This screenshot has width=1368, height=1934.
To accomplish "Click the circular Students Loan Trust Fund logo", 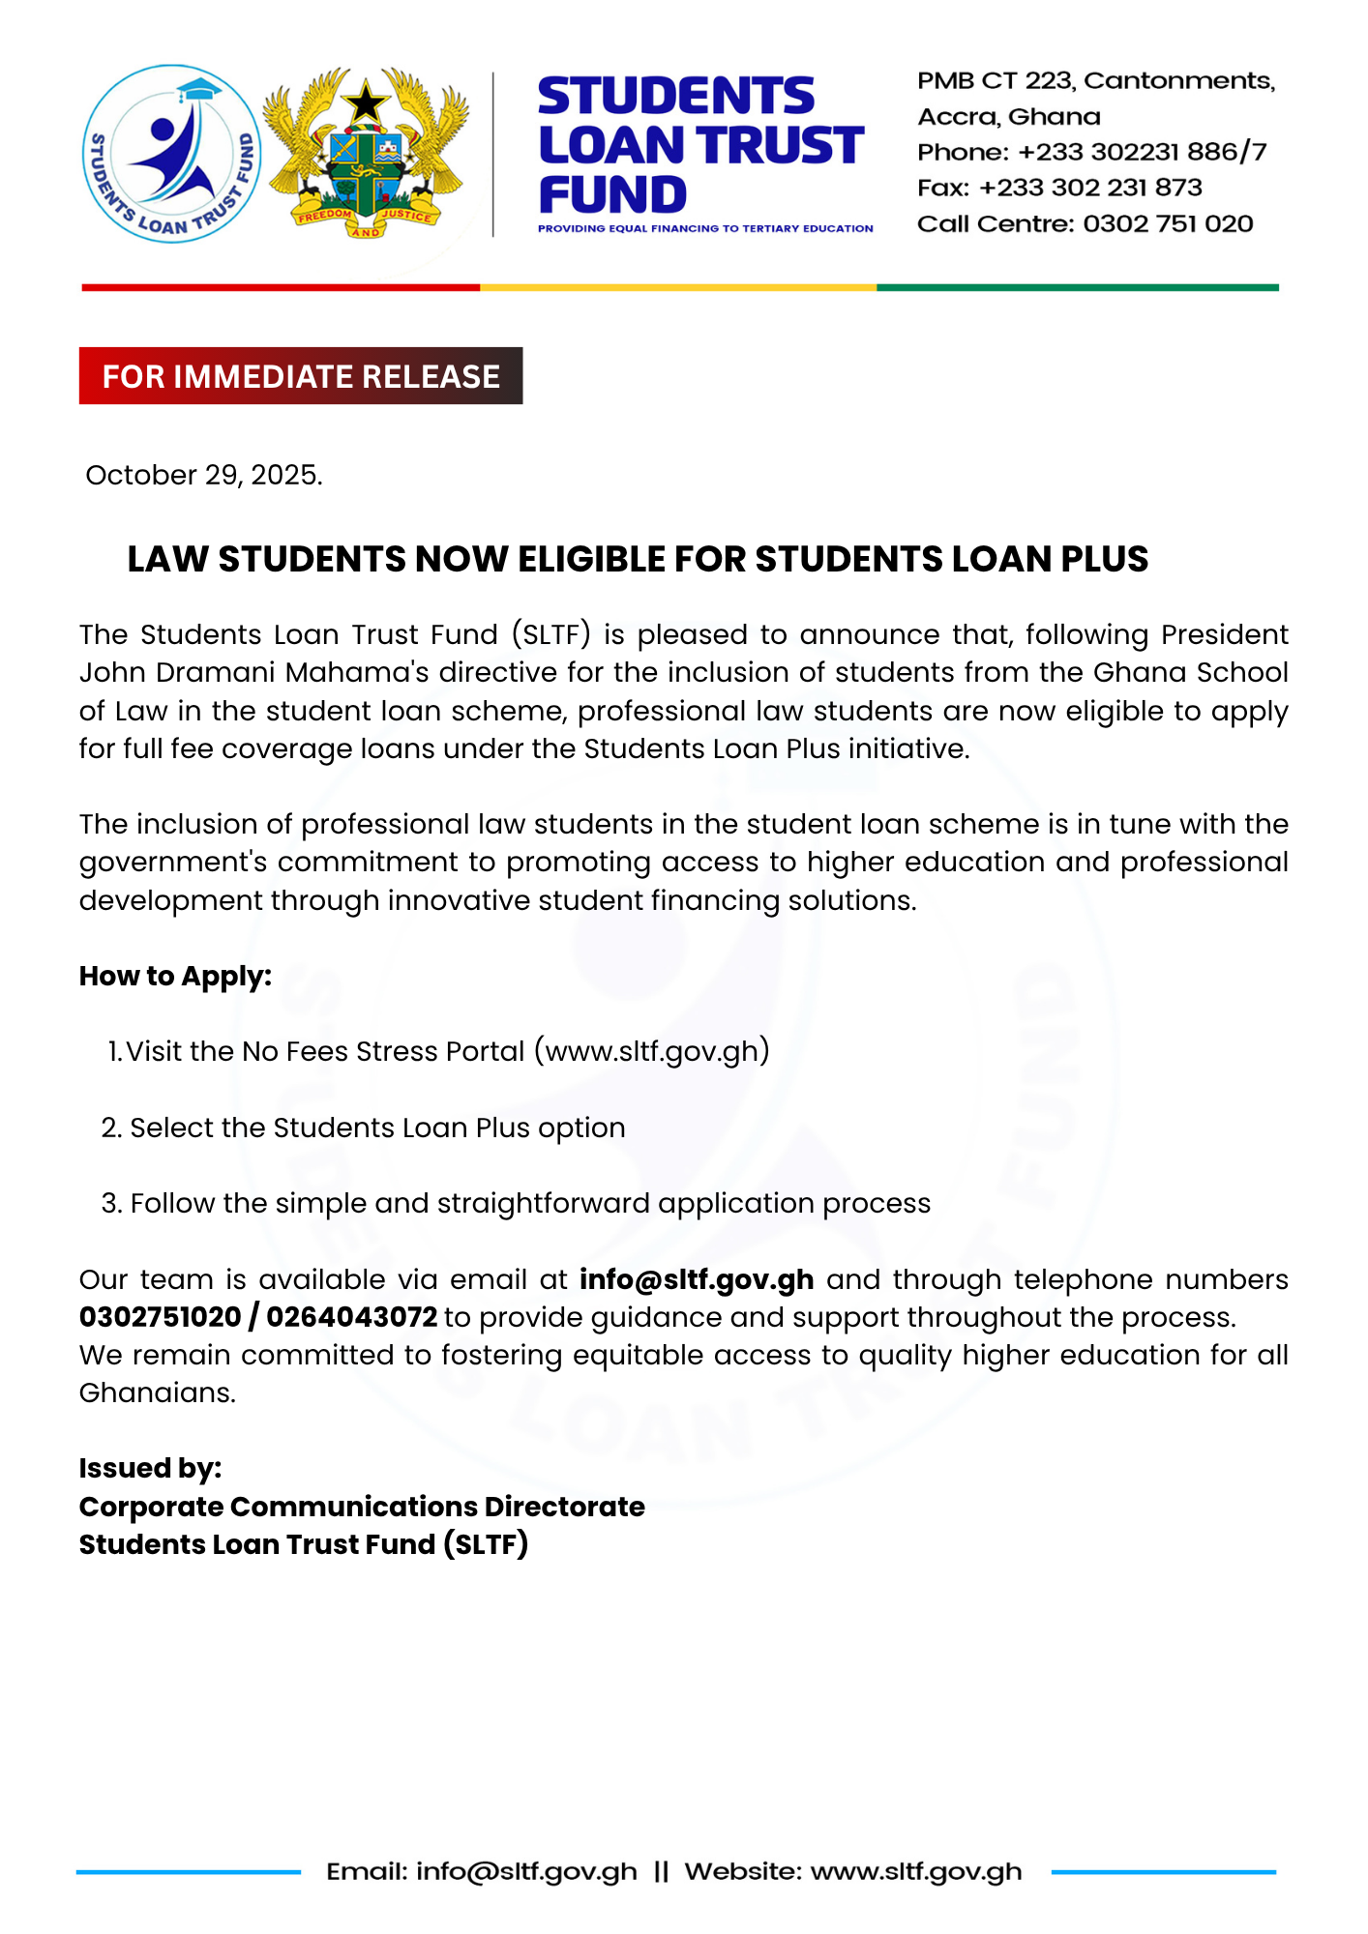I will [171, 154].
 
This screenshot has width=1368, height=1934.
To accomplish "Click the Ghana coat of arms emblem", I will [366, 154].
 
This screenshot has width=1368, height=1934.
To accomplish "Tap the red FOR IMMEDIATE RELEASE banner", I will [301, 376].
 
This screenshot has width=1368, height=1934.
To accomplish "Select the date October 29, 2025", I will [204, 476].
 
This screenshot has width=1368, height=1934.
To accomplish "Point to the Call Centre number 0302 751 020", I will [1168, 224].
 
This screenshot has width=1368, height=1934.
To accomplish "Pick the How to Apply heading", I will [175, 977].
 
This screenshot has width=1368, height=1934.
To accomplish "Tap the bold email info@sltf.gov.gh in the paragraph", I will [697, 1280].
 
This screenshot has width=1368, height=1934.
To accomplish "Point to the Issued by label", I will [150, 1469].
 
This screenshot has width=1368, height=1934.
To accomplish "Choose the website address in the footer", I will [916, 1872].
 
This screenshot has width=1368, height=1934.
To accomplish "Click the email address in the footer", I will [526, 1872].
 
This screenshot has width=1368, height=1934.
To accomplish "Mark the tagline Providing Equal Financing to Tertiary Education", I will [705, 229].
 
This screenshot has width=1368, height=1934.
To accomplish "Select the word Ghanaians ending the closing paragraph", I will [157, 1393].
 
